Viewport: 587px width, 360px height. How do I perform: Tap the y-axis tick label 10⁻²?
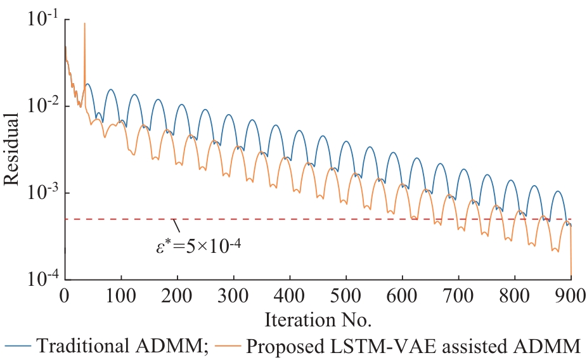coord(42,106)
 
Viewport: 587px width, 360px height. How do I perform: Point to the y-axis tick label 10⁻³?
coord(42,193)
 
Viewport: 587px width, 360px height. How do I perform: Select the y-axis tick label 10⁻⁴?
coord(42,279)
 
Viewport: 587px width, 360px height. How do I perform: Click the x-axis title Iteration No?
coord(317,318)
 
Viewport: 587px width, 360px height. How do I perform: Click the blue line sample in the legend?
coord(18,346)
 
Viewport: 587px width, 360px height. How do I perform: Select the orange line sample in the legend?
coord(227,346)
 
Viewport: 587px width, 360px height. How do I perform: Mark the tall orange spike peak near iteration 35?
coord(85,23)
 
